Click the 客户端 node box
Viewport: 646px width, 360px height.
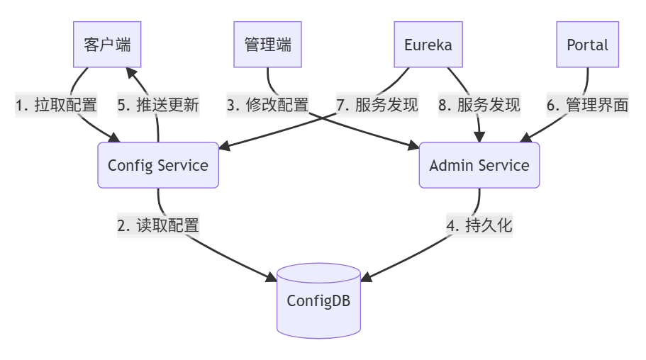[x=107, y=45]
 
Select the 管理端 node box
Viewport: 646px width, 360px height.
[x=267, y=45]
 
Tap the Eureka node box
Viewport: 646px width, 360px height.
[x=428, y=45]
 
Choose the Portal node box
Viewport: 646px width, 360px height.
[x=587, y=45]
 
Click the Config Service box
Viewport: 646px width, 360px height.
[x=158, y=165]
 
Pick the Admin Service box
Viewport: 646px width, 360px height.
[x=479, y=165]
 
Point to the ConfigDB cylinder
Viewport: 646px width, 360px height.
[x=318, y=300]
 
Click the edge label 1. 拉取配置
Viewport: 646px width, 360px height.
[x=56, y=106]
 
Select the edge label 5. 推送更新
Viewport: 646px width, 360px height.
[x=158, y=106]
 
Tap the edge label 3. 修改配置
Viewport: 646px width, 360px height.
[x=267, y=106]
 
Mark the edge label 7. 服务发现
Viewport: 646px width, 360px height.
[x=377, y=106]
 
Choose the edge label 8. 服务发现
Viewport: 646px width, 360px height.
[x=479, y=106]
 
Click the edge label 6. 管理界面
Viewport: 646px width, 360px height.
[x=587, y=106]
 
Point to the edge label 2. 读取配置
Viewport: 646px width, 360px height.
[x=158, y=226]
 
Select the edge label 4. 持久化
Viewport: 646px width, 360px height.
[x=479, y=226]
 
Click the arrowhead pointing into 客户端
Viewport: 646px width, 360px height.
[x=132, y=72]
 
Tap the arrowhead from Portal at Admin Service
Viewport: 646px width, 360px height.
[x=525, y=137]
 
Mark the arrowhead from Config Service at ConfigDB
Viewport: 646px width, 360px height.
[x=271, y=277]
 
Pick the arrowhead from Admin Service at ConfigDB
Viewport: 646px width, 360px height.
[x=366, y=277]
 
